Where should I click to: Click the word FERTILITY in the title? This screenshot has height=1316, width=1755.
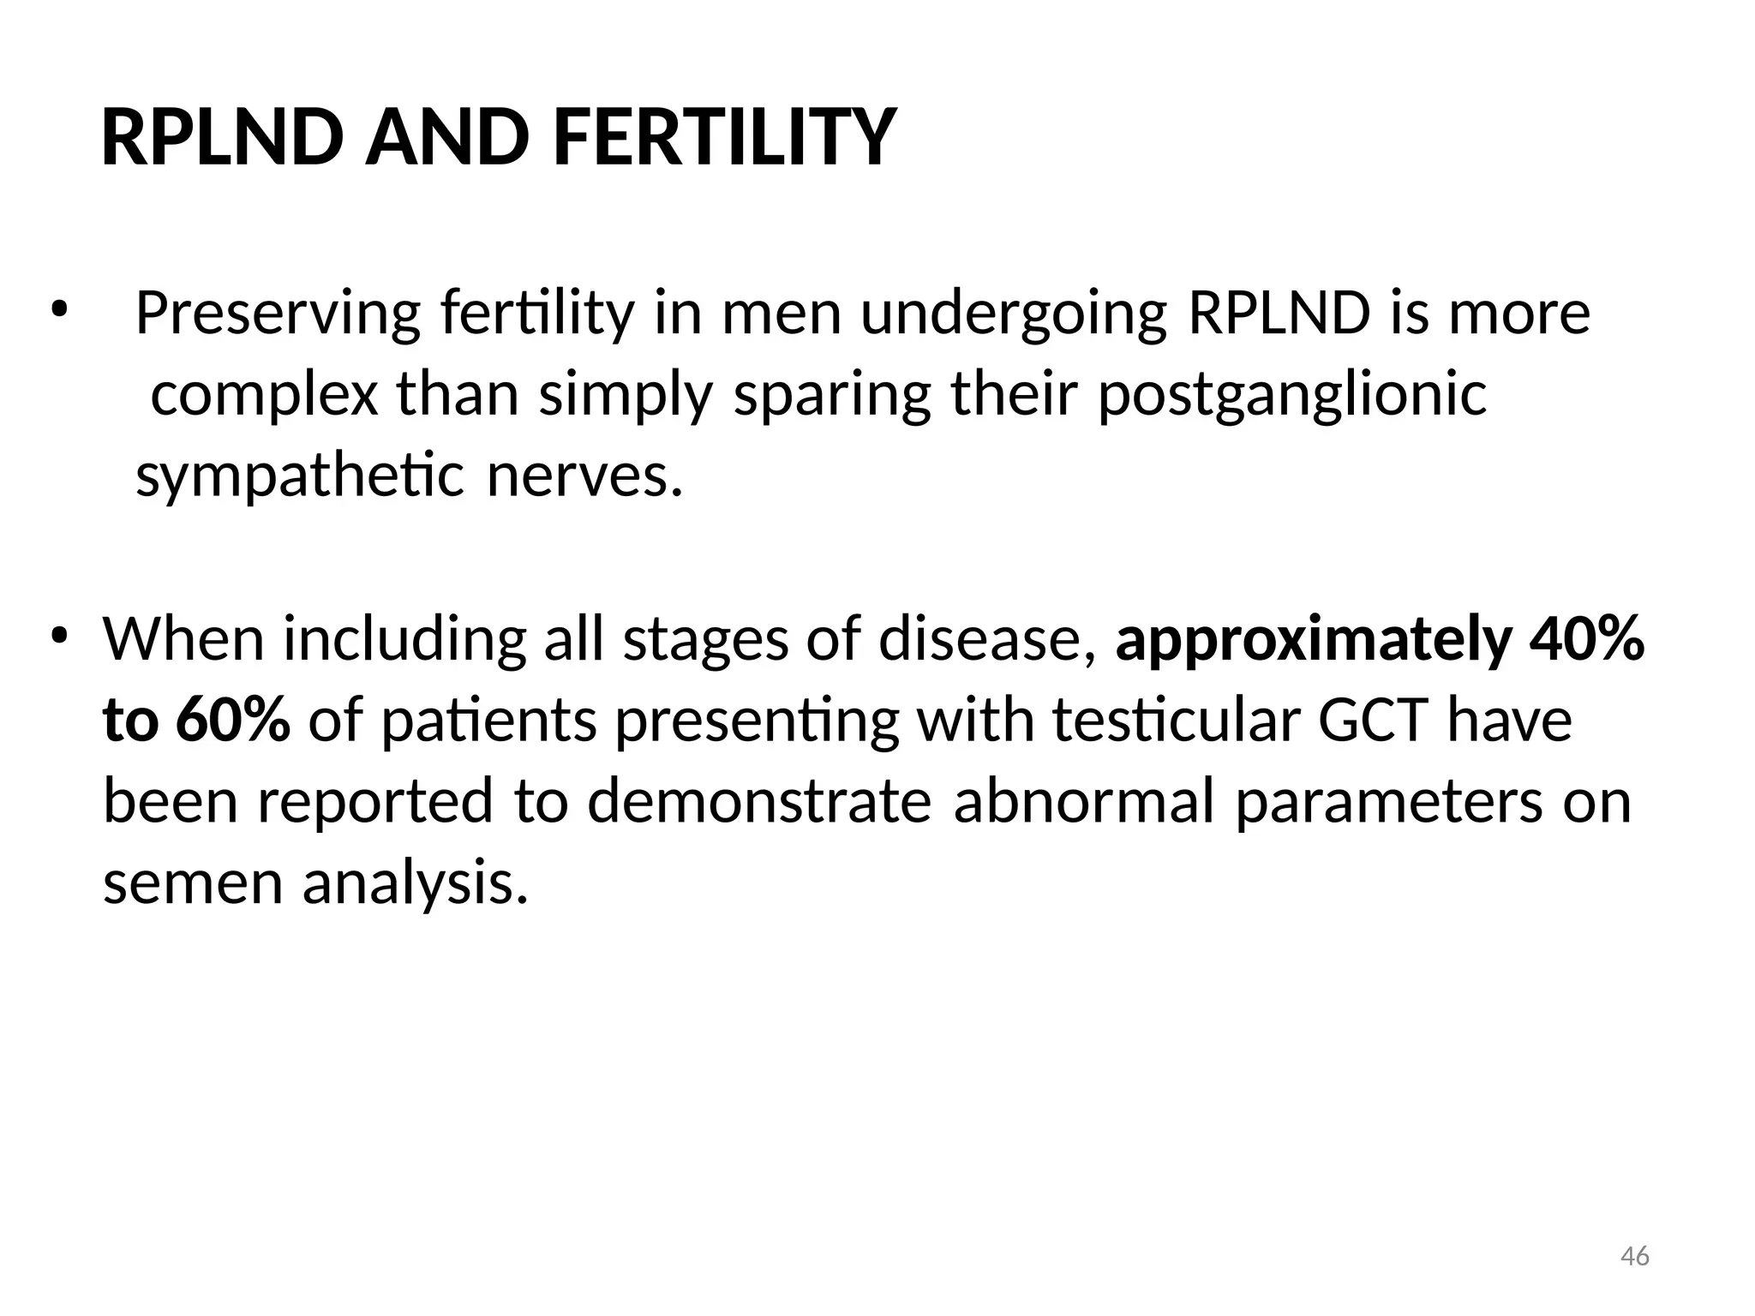(724, 138)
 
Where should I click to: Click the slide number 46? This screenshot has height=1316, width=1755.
(1635, 1256)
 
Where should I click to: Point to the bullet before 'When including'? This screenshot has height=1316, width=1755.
(57, 636)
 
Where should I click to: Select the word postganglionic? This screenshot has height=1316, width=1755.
(1292, 396)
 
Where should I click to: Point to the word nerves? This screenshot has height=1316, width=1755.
(584, 476)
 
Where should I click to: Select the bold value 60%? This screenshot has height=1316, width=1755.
(232, 721)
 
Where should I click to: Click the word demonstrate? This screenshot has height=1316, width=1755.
(758, 802)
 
